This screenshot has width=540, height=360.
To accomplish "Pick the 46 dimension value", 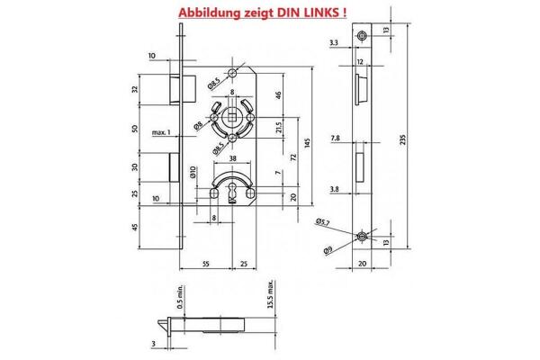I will pyautogui.click(x=279, y=94).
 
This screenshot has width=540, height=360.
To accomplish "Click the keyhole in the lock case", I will pyautogui.click(x=235, y=191).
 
